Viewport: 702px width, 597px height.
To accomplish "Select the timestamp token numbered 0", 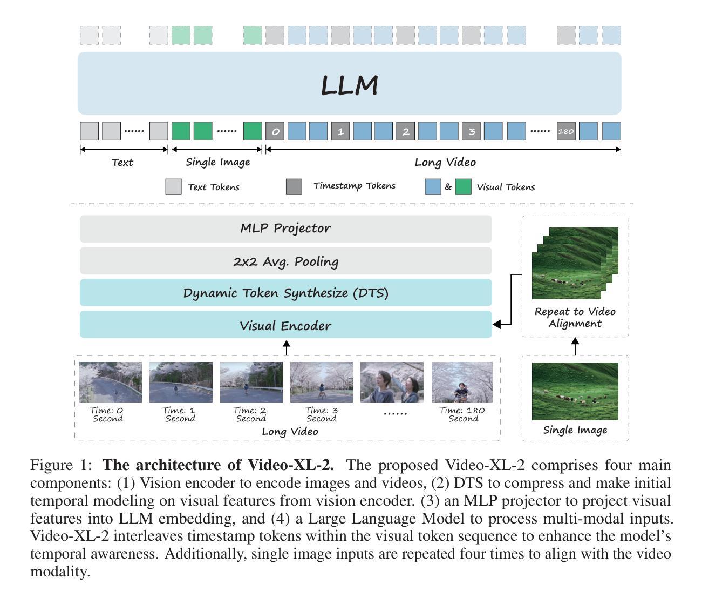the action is click(275, 131).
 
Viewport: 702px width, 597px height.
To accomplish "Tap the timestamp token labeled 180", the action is click(566, 131).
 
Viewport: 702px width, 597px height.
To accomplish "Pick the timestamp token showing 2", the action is click(406, 131).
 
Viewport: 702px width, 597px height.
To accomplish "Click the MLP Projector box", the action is click(285, 229).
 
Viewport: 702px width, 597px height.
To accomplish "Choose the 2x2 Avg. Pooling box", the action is click(285, 261).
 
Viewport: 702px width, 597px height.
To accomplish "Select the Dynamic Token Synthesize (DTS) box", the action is click(285, 292).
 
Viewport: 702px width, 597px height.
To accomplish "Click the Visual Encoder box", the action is click(285, 324).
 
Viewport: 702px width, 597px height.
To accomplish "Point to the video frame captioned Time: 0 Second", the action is click(111, 382).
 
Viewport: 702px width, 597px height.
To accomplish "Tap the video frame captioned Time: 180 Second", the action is click(462, 382).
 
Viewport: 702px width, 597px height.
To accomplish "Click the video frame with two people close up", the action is click(392, 382).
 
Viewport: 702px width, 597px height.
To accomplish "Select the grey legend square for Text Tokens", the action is click(173, 187).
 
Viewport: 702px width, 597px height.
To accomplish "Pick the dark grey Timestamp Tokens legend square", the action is click(294, 187).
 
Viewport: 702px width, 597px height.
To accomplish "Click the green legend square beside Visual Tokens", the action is click(464, 187).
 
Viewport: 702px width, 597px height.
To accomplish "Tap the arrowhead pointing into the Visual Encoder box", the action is click(496, 324).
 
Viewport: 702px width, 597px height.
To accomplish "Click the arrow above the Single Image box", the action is click(575, 346).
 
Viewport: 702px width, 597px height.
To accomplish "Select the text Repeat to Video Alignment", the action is click(575, 318).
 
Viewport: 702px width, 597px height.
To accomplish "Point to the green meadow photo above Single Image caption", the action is click(575, 391).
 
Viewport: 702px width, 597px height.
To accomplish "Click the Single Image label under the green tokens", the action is click(217, 162).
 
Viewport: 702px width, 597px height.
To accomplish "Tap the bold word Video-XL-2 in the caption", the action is click(290, 465).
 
